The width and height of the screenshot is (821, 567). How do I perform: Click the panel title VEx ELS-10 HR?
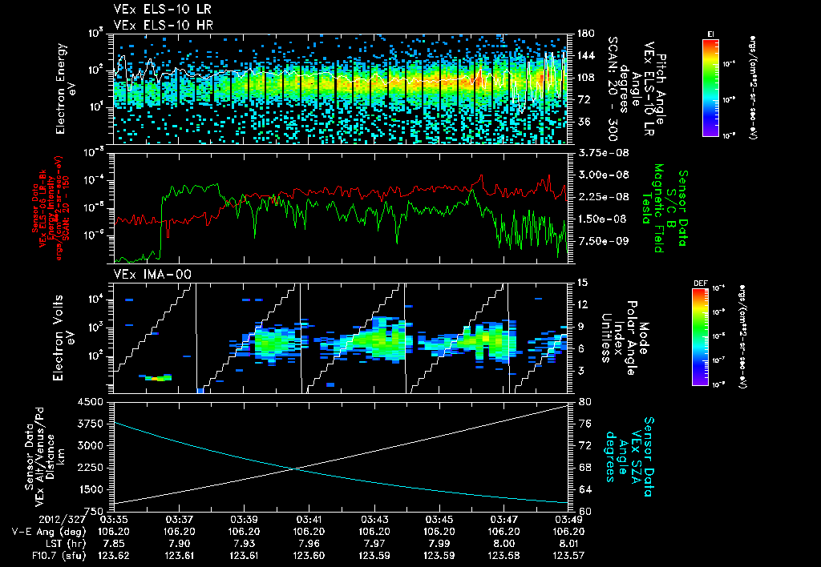pyautogui.click(x=158, y=25)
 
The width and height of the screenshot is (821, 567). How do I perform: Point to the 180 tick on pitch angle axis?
pyautogui.click(x=583, y=34)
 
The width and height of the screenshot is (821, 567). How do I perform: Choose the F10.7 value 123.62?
pyautogui.click(x=114, y=553)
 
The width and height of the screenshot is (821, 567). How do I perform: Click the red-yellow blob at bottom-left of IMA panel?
pyautogui.click(x=158, y=377)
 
